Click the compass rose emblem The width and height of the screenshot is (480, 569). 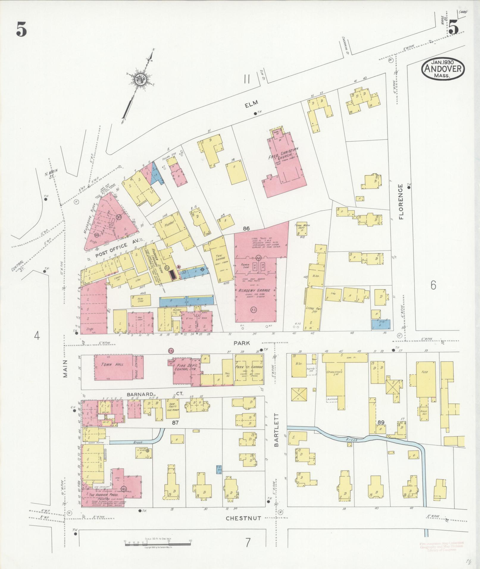(139, 79)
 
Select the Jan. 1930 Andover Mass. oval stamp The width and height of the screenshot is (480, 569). (443, 69)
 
